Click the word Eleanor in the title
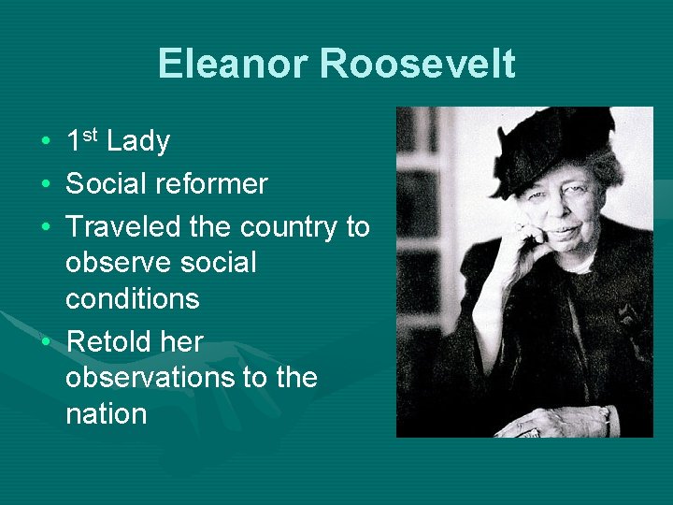[x=233, y=64]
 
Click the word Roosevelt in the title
[x=417, y=64]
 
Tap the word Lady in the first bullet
[x=138, y=142]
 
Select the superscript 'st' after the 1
[x=90, y=136]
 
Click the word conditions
[x=132, y=299]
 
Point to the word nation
[x=106, y=414]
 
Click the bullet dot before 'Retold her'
[x=45, y=343]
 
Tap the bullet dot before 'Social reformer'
[x=45, y=185]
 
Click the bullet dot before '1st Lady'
[x=45, y=143]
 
